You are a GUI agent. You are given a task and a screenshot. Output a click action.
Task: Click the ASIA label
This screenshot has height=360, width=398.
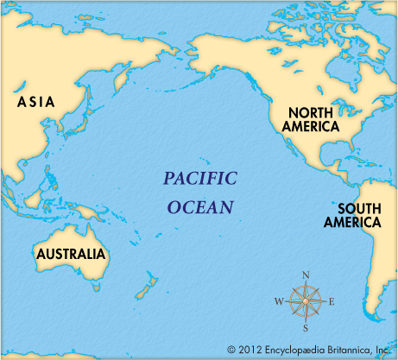tap(36, 102)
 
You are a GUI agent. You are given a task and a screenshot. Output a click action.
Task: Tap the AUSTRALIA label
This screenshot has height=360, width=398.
tap(70, 255)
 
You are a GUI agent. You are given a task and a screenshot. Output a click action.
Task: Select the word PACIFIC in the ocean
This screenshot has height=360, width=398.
tap(200, 180)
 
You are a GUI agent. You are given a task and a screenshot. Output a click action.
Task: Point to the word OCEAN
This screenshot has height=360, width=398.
tap(200, 207)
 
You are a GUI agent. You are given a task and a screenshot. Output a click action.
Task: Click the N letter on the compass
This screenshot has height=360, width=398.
tap(305, 275)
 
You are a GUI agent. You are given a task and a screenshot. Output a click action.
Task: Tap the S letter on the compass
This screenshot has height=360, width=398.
tap(305, 328)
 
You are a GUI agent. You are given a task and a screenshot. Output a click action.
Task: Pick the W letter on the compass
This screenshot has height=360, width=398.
tap(279, 302)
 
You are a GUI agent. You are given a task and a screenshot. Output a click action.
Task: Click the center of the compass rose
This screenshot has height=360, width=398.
tap(305, 301)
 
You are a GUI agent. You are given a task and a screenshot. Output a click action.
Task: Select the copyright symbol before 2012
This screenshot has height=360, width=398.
tap(231, 350)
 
